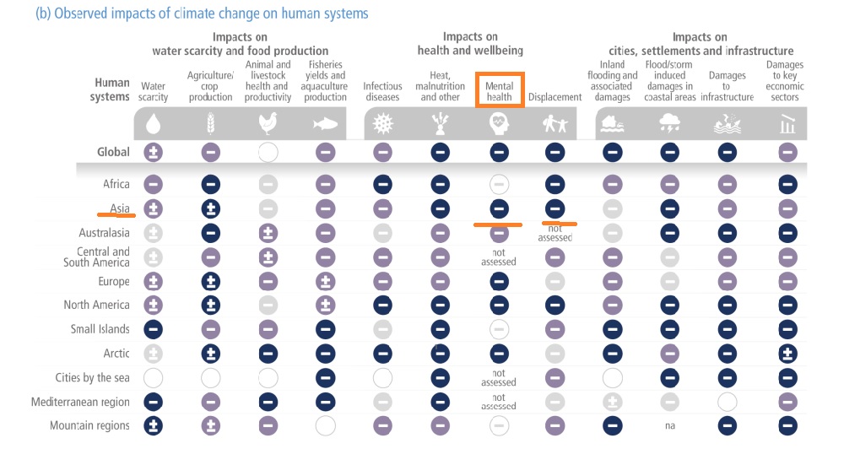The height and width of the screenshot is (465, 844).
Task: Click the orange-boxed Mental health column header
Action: click(x=499, y=91)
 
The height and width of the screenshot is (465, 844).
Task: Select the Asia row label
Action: click(x=119, y=208)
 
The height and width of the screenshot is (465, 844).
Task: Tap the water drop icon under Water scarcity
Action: click(x=153, y=125)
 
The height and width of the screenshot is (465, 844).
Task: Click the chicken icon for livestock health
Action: click(x=268, y=125)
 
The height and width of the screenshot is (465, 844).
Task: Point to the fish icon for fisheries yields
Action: click(x=325, y=125)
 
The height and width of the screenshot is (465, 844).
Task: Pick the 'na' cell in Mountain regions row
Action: click(x=669, y=426)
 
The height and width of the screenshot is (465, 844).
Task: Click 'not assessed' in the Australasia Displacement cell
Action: click(x=555, y=233)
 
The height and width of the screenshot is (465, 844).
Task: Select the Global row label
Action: click(x=113, y=152)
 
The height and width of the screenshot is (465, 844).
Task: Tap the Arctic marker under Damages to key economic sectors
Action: click(x=787, y=354)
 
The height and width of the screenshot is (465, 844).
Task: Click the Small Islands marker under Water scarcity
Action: click(x=153, y=329)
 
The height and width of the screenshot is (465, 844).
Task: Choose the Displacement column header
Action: click(x=555, y=97)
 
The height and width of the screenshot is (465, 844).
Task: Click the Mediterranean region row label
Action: click(x=80, y=402)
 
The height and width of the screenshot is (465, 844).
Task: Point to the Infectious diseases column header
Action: click(x=382, y=91)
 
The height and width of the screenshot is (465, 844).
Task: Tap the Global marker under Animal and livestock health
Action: click(x=268, y=153)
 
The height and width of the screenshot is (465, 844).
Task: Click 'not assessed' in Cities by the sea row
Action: click(x=499, y=378)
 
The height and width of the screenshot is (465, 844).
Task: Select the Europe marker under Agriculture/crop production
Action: click(x=211, y=281)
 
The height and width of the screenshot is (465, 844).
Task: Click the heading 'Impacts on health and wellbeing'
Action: click(x=470, y=44)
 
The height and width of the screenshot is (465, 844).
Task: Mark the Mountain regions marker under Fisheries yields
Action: click(x=325, y=425)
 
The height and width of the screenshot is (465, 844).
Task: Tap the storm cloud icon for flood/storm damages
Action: click(x=669, y=125)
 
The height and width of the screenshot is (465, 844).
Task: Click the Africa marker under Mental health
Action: click(x=499, y=184)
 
